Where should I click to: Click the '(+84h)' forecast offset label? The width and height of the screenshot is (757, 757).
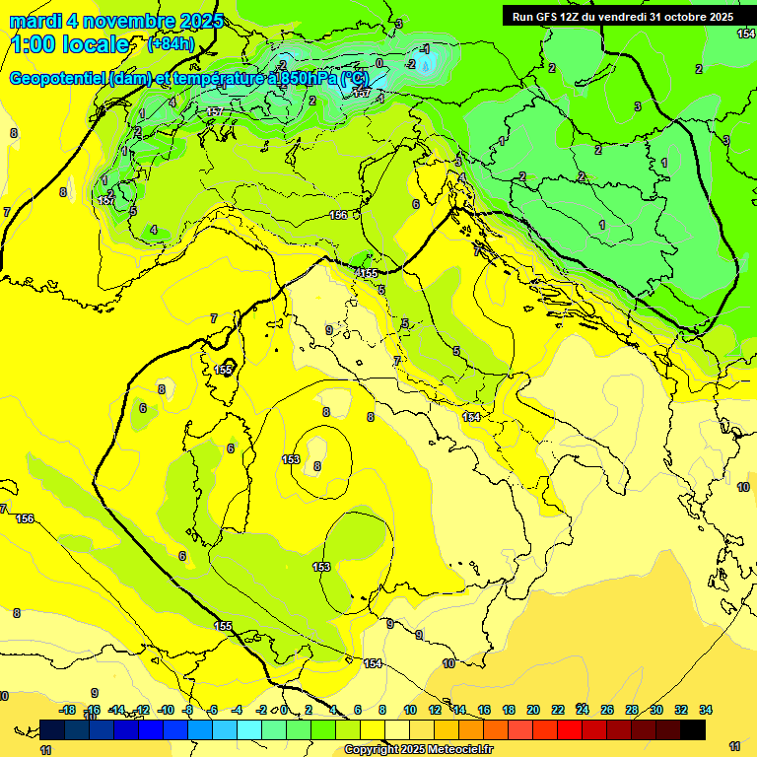pos(171,44)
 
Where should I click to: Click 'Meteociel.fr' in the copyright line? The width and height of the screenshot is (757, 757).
pos(463,750)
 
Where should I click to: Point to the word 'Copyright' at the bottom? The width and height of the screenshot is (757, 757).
pos(372,750)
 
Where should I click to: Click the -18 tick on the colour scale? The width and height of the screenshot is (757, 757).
pos(67,710)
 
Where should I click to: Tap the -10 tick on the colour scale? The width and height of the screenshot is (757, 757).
pos(166,710)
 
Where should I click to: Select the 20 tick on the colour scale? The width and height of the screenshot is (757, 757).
pos(532,710)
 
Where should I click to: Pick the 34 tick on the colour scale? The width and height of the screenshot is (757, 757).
pos(706,710)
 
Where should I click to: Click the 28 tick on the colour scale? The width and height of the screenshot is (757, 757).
pos(632,710)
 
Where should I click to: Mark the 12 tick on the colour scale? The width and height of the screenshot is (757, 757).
pos(435,710)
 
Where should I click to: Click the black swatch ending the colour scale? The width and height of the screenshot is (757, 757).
pos(693,729)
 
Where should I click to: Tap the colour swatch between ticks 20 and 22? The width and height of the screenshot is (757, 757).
pos(545,729)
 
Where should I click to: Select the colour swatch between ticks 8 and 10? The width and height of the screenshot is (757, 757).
pos(397,729)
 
